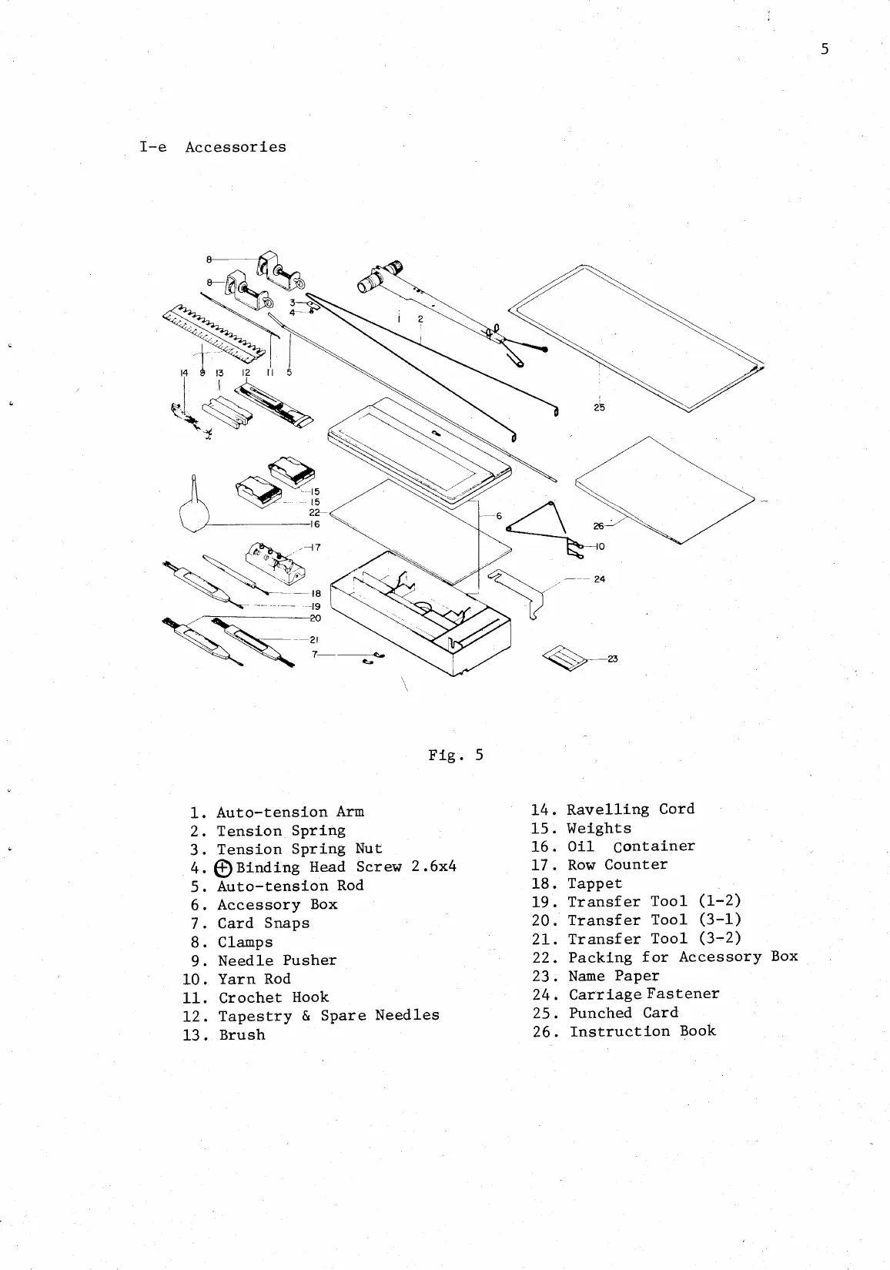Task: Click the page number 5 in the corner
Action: (x=825, y=50)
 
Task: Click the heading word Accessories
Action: (x=235, y=147)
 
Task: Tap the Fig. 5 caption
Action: (x=456, y=755)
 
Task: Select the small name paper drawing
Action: (x=566, y=658)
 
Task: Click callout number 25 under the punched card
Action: (x=599, y=407)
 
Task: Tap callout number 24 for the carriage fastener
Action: (x=599, y=578)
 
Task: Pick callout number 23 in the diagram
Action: (x=613, y=658)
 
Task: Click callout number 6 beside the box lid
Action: (x=499, y=516)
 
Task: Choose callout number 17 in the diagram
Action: (x=316, y=548)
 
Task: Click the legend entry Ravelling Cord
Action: (x=630, y=809)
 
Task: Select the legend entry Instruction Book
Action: (x=642, y=1031)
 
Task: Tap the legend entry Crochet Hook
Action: (x=273, y=997)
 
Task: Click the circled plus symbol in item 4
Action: (x=223, y=868)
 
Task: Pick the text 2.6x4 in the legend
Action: (x=433, y=866)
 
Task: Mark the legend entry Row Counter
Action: (x=617, y=865)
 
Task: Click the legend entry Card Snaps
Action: (x=263, y=923)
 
